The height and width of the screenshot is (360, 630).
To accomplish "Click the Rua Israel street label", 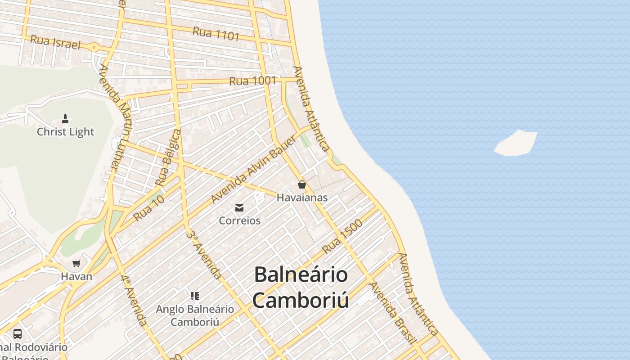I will (55, 42).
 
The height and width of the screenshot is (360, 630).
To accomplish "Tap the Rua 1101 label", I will (216, 34).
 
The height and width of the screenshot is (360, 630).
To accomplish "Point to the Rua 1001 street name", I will (252, 81).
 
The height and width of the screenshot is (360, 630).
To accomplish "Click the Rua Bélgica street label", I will (168, 157).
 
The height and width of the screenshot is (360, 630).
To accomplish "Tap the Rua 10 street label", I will (148, 208).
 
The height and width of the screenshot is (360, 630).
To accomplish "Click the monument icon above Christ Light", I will (65, 119).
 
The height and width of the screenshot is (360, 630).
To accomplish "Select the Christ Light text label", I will (66, 132).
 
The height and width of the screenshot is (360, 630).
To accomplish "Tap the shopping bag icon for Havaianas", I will (301, 184).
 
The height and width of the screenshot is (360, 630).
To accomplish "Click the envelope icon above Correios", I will (239, 208).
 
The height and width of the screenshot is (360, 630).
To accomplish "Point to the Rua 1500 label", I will (342, 236).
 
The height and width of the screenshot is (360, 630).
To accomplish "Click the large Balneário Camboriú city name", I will (301, 287).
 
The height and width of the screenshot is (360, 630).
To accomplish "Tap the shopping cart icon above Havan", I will (76, 263).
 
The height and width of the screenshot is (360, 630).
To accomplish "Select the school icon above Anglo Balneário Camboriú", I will (195, 296).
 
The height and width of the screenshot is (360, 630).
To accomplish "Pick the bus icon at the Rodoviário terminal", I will (18, 334).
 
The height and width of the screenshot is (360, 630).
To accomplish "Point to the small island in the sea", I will (516, 143).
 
